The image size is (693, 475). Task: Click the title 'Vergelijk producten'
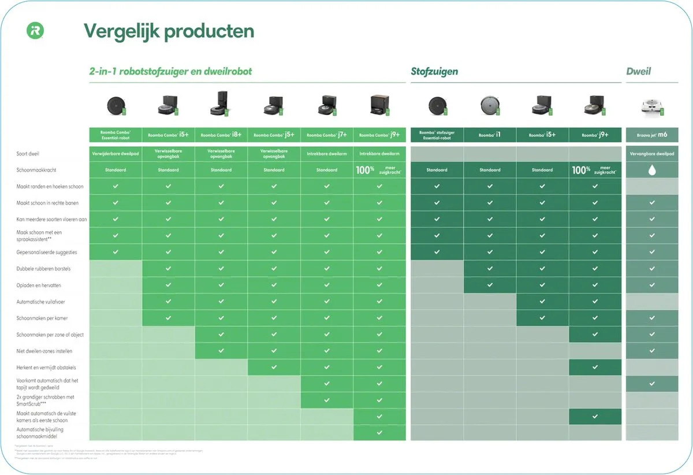click(x=169, y=31)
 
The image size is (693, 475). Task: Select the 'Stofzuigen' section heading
click(x=434, y=72)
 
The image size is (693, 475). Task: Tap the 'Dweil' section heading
click(x=638, y=72)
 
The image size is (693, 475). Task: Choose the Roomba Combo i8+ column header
click(x=221, y=135)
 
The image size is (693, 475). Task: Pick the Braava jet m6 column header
click(x=652, y=135)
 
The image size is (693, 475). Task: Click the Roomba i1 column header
click(x=490, y=135)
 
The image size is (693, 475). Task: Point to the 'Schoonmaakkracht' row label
click(x=36, y=170)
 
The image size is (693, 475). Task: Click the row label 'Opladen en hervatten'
click(x=39, y=285)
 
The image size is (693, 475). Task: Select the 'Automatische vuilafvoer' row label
click(x=41, y=302)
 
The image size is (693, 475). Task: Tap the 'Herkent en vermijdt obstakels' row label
click(x=46, y=368)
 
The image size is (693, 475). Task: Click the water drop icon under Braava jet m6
click(x=652, y=170)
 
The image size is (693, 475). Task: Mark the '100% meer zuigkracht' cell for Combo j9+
click(x=379, y=170)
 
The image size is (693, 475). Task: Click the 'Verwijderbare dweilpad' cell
click(x=115, y=154)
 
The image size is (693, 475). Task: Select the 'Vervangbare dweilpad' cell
click(x=652, y=154)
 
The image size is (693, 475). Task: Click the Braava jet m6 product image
click(x=652, y=106)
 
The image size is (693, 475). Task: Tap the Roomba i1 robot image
click(x=490, y=106)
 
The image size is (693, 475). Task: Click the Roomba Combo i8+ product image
click(x=221, y=105)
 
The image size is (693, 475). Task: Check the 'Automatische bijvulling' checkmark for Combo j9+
click(x=379, y=432)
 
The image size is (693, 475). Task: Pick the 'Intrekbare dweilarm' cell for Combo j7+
click(x=327, y=154)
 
